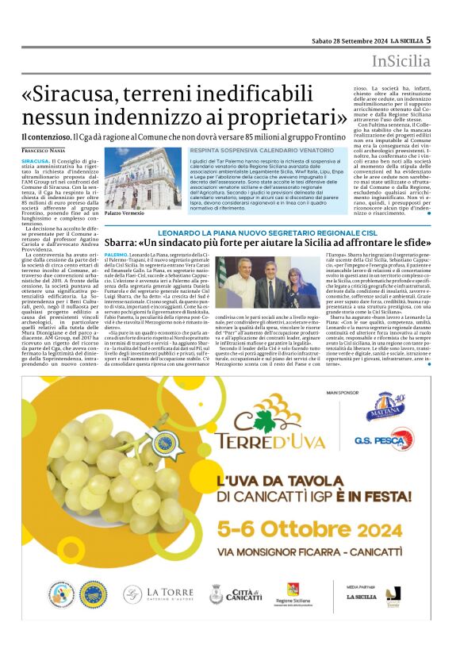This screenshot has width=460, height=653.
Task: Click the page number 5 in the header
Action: (x=427, y=39)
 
